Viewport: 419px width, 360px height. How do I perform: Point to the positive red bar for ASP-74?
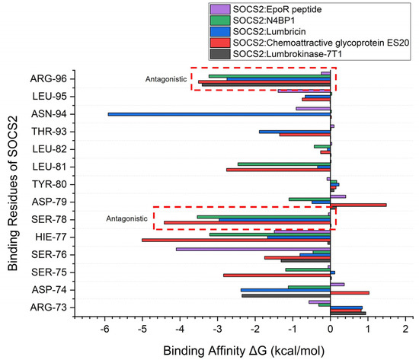[350, 292]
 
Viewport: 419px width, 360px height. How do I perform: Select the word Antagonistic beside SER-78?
[127, 218]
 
